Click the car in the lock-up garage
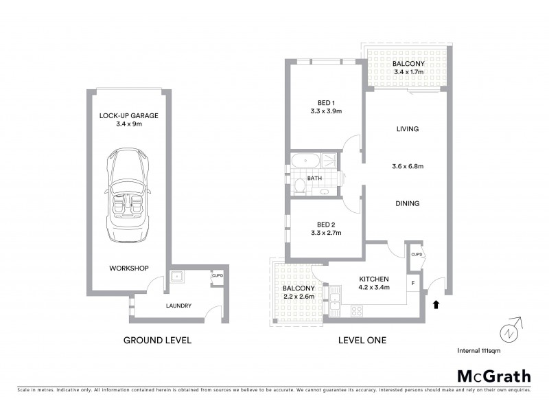(x=128, y=188)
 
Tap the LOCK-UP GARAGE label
(x=128, y=115)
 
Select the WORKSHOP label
(x=128, y=268)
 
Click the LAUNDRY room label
(x=178, y=306)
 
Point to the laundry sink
(x=177, y=277)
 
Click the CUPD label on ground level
(x=217, y=276)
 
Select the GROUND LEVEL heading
(x=156, y=340)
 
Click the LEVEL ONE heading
(x=362, y=340)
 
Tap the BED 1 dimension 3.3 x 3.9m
(x=326, y=111)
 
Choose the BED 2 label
(x=326, y=225)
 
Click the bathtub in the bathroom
(x=305, y=162)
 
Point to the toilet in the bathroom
(x=301, y=185)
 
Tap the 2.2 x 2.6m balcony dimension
(x=299, y=296)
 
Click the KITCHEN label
(x=374, y=279)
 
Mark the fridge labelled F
(x=412, y=283)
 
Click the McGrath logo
(x=493, y=376)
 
